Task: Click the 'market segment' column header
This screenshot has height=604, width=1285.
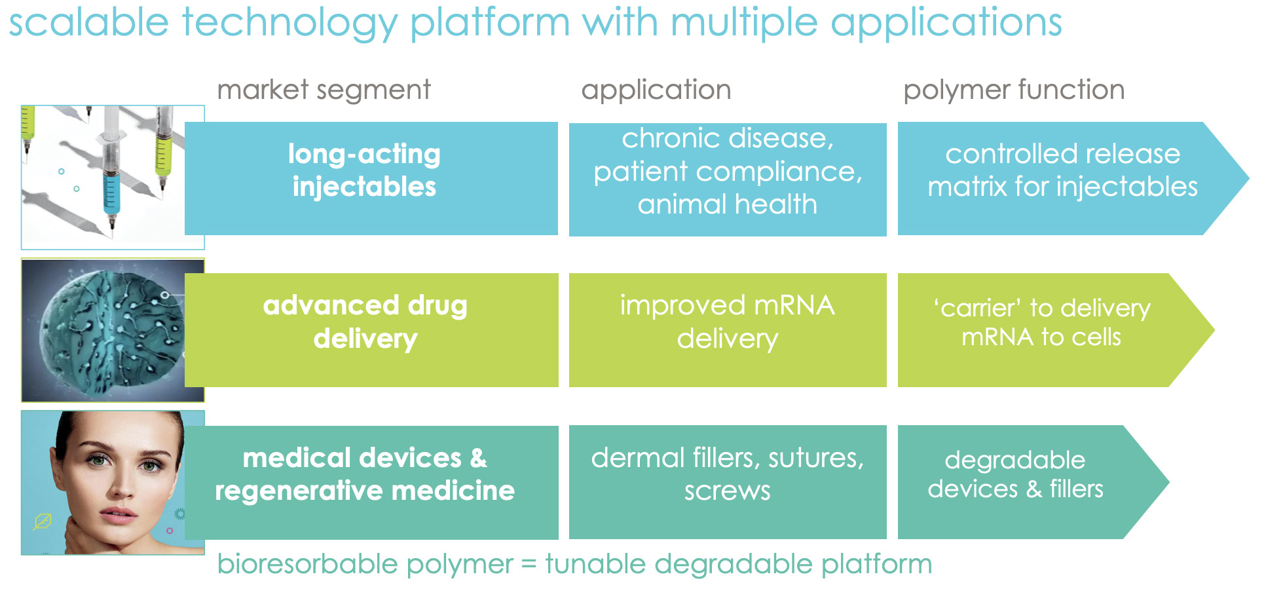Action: pos(324,90)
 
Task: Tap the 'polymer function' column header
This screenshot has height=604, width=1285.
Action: pos(1014,90)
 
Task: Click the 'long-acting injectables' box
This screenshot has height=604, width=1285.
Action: pos(371,178)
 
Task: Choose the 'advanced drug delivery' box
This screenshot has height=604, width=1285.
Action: pos(371,330)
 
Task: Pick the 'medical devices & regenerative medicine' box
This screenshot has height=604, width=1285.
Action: pos(371,483)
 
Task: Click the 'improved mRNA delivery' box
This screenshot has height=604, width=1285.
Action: pos(728,330)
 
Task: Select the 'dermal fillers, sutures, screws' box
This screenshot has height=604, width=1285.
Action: pos(728,482)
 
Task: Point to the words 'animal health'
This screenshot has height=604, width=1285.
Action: pos(728,204)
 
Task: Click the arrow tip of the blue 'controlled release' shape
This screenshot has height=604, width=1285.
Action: pos(1249,178)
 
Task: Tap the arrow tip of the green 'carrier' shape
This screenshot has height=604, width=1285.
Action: pos(1214,330)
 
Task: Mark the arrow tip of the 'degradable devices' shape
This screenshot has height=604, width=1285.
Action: pos(1168,482)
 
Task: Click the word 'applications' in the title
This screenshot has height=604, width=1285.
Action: pos(946,24)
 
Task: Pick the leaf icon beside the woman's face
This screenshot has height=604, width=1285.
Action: pos(43,521)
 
